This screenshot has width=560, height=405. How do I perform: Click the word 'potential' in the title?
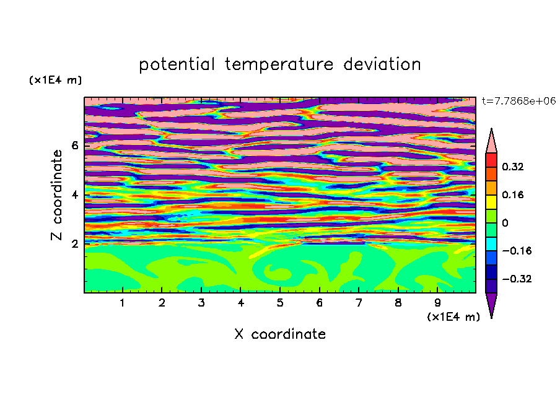tap(177, 65)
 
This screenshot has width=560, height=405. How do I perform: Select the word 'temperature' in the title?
tap(279, 64)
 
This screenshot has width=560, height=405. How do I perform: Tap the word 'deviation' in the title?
tap(382, 64)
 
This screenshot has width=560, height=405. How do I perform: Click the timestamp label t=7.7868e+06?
tap(518, 101)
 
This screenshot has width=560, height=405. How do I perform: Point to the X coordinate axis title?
tap(280, 334)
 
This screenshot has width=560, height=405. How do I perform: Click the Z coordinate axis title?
tap(57, 194)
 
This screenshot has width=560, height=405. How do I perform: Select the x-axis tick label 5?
tap(280, 303)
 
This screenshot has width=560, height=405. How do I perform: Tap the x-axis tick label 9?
tap(437, 303)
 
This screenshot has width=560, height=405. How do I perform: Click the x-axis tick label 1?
tap(123, 303)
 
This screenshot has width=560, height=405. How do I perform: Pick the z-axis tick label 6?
tap(74, 146)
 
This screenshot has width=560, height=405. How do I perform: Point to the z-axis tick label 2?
tap(74, 244)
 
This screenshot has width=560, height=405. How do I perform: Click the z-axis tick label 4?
tap(74, 194)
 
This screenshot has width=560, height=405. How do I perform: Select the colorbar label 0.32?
tap(512, 167)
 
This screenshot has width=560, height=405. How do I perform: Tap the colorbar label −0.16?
tap(517, 251)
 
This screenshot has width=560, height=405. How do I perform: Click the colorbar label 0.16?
tap(512, 194)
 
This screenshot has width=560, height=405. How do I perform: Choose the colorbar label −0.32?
tap(517, 279)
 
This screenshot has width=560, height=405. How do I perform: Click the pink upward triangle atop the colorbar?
tap(491, 143)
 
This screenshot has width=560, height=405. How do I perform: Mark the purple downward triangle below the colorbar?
tap(491, 303)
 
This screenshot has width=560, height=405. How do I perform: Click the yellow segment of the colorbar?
tap(491, 202)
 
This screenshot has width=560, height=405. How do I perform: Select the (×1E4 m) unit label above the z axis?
tap(55, 80)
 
